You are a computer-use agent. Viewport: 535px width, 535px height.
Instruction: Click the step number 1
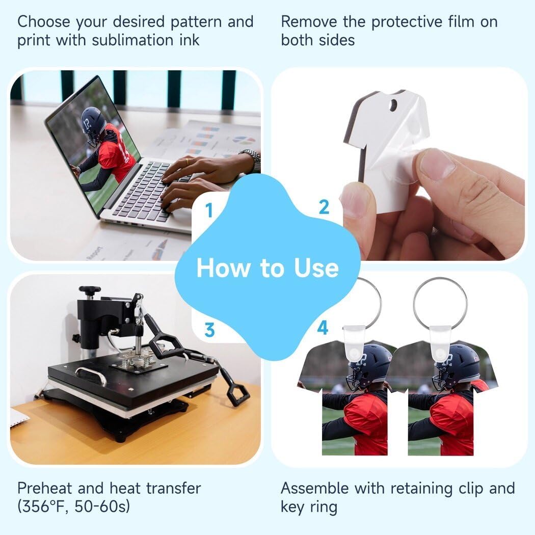(208, 209)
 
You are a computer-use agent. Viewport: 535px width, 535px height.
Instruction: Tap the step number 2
(324, 207)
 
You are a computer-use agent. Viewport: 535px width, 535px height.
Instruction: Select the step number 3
(209, 331)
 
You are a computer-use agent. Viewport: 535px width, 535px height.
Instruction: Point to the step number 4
(323, 329)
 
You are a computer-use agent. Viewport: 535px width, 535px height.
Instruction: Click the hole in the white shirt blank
(392, 105)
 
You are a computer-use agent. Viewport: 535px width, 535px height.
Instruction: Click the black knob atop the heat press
(90, 291)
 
